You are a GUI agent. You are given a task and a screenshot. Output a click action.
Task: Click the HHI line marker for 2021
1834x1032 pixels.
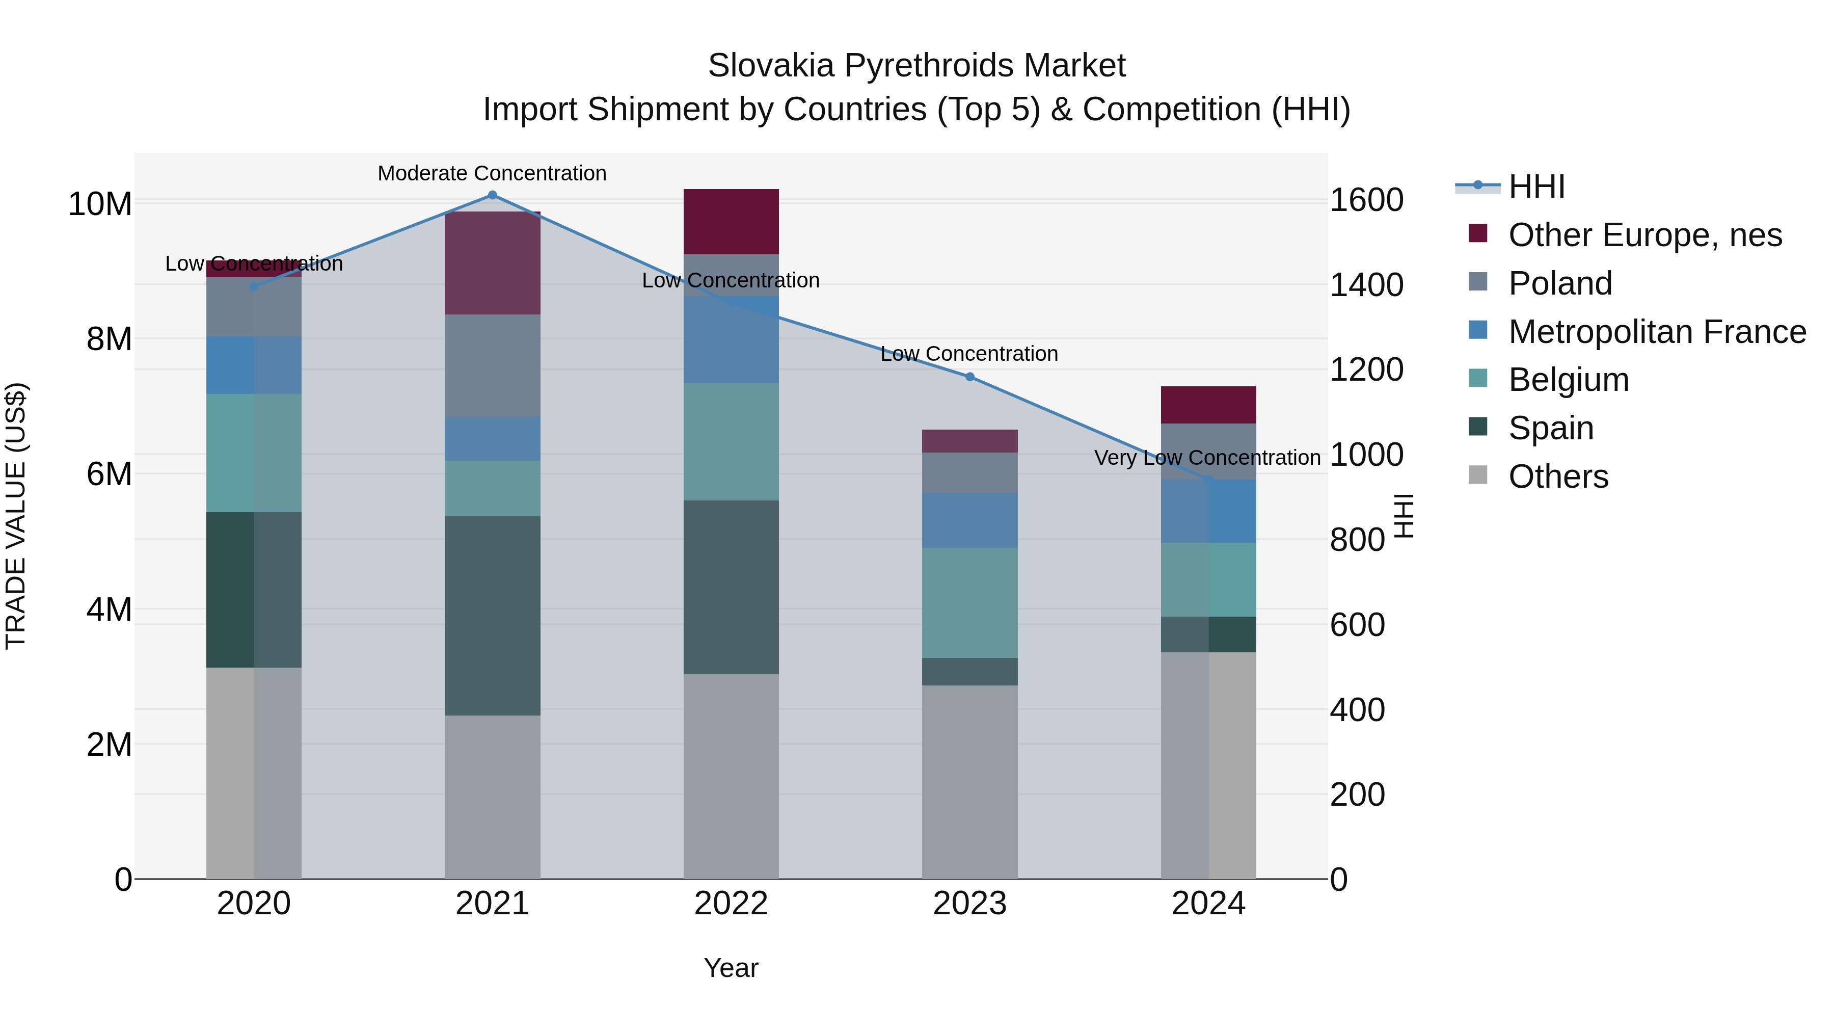[x=492, y=195]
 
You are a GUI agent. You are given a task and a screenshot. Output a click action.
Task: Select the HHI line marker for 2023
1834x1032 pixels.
[x=969, y=377]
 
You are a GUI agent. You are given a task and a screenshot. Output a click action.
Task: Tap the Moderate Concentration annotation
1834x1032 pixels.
[x=492, y=173]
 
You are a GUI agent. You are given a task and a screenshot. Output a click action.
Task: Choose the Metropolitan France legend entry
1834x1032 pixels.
[x=1656, y=332]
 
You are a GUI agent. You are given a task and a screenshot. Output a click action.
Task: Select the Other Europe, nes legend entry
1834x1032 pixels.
[x=1644, y=235]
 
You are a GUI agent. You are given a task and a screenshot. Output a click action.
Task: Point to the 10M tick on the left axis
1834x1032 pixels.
[x=100, y=204]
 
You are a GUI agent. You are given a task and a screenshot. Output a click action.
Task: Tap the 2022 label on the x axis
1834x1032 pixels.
[x=731, y=904]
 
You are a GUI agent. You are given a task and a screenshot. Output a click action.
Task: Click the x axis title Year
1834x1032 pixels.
[x=731, y=968]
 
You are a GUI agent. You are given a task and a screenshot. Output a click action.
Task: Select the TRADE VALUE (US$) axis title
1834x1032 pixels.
[x=16, y=516]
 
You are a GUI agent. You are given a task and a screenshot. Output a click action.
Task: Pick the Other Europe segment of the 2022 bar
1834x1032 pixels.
[x=731, y=222]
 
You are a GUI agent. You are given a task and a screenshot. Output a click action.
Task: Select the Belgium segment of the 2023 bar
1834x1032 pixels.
[x=969, y=602]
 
